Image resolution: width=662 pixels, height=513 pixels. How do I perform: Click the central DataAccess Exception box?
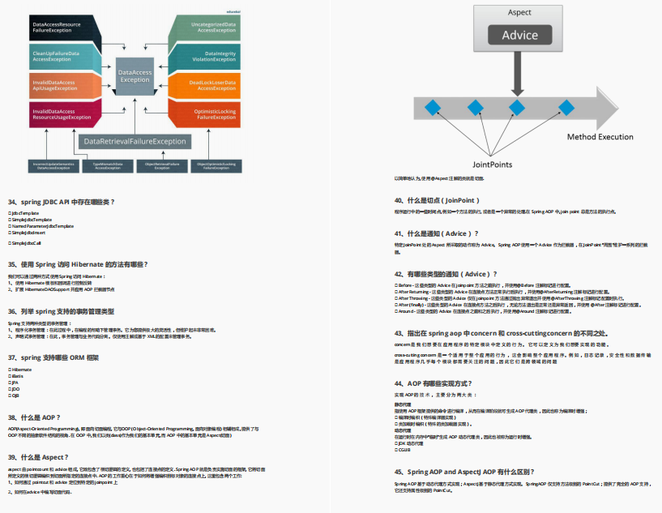tap(135, 76)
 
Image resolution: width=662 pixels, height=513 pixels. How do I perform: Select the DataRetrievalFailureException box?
tap(135, 141)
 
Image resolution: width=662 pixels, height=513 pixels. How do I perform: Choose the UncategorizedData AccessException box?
tap(212, 29)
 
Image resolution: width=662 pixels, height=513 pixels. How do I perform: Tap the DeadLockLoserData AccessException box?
tap(212, 85)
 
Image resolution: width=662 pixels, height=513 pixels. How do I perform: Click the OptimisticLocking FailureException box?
tap(212, 113)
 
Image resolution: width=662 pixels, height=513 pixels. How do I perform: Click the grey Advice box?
tap(519, 36)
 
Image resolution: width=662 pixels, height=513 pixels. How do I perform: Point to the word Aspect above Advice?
tap(519, 13)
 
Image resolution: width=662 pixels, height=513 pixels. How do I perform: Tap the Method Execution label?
tap(600, 137)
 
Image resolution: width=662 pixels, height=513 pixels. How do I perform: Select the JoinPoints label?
tap(493, 165)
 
